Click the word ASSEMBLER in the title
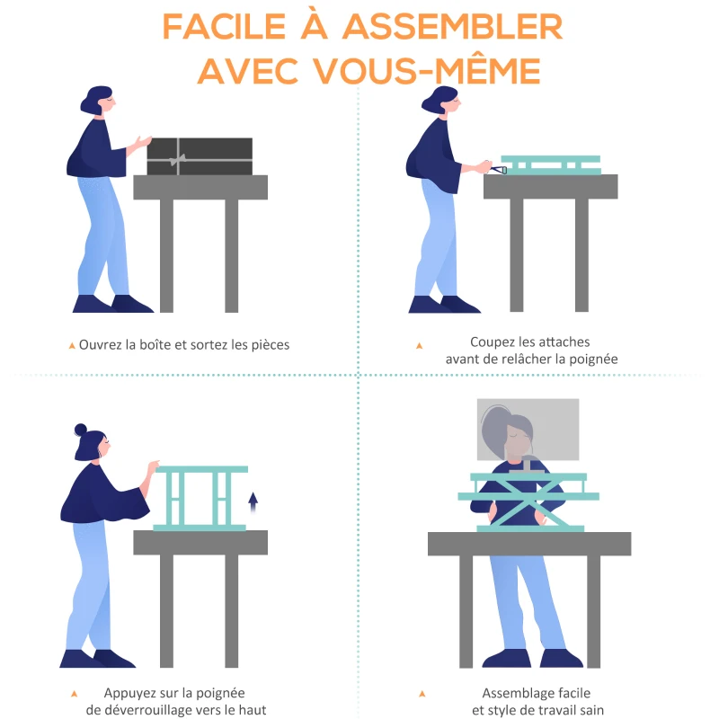pos(452,27)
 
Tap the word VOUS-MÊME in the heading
pos(427,71)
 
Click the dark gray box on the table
pos(200,156)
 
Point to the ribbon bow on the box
pos(178,159)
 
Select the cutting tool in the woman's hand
pos(498,170)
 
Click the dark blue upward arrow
pos(253,502)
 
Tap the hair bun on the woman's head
pos(81,430)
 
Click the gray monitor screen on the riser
pos(528,430)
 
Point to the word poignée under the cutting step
pos(593,359)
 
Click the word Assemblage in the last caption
pos(513,693)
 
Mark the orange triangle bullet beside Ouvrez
pos(72,346)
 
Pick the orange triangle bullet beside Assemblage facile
pos(422,694)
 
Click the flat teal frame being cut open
pos(551,165)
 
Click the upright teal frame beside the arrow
pos(200,499)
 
